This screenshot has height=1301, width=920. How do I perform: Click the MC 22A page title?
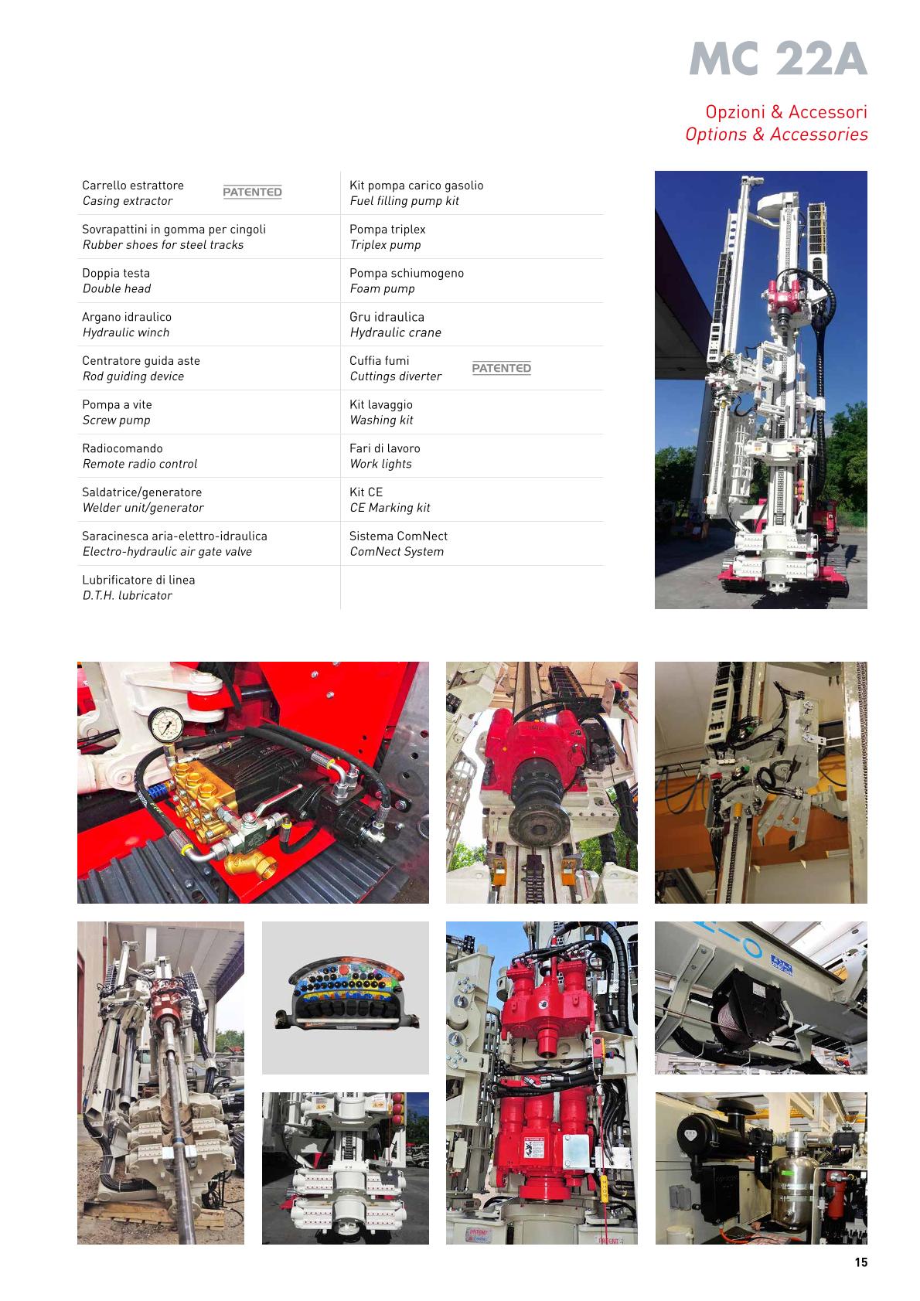pos(778,59)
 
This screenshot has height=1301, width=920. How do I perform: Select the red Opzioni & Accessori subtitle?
pos(785,111)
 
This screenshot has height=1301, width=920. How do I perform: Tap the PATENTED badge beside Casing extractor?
pos(252,192)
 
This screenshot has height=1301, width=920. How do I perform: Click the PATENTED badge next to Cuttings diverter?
pos(501,368)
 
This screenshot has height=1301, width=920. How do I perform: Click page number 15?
pos(860,1262)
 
